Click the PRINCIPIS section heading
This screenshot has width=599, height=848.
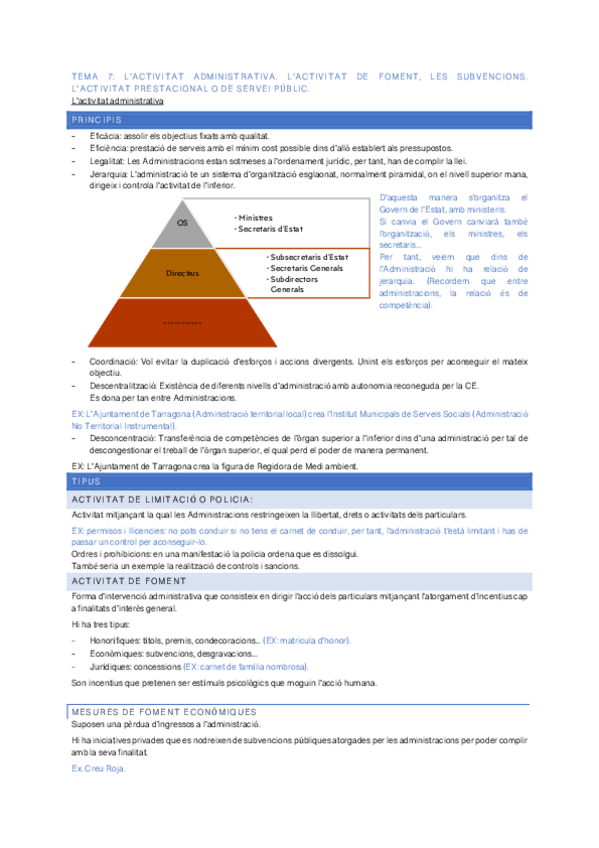(95, 119)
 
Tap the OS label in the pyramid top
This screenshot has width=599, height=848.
(181, 223)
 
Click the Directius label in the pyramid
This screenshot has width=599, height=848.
(182, 272)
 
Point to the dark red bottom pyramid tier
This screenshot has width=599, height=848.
(182, 322)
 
